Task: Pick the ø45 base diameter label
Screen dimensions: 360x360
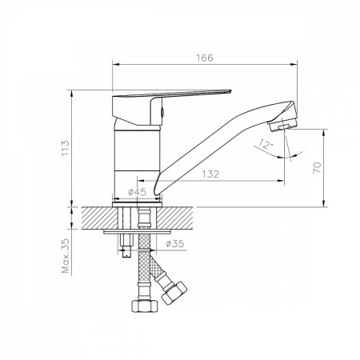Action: (138, 192)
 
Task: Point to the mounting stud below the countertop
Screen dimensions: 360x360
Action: (127, 244)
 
